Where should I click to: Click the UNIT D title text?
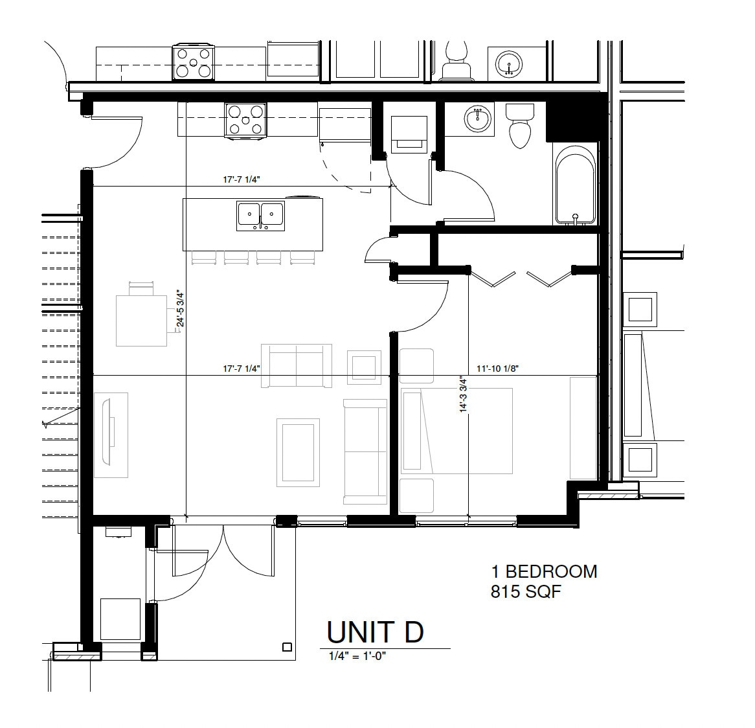(x=375, y=632)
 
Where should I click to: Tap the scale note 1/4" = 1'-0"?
(x=358, y=655)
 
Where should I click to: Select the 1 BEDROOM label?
(x=544, y=571)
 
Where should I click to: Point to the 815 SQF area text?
(x=526, y=591)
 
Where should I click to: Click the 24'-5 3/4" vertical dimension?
(x=181, y=308)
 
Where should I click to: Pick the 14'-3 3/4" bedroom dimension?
(x=463, y=394)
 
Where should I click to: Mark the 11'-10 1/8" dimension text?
(x=497, y=369)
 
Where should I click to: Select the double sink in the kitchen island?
(x=260, y=216)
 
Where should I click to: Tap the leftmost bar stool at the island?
(x=204, y=258)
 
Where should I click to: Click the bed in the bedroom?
(x=456, y=431)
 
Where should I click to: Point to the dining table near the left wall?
(x=141, y=321)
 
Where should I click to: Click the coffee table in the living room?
(x=298, y=453)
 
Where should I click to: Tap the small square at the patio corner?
(x=287, y=647)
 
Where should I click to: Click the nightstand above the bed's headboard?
(x=417, y=366)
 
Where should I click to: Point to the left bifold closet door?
(x=493, y=279)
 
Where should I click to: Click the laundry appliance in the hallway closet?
(x=409, y=134)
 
